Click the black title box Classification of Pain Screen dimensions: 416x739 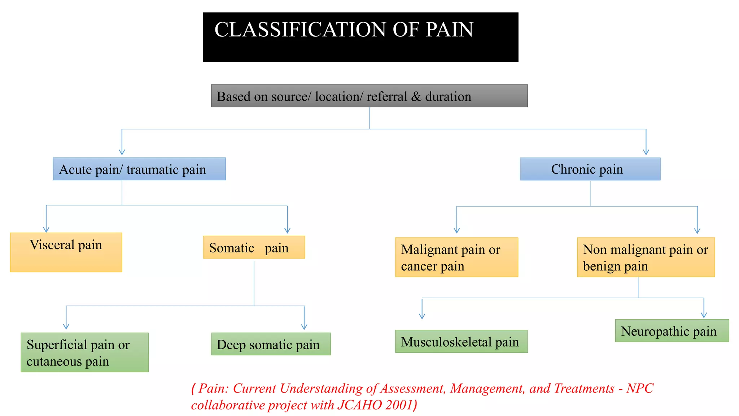point(360,37)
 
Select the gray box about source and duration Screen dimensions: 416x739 point(369,96)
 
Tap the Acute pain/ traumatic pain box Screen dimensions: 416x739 point(139,169)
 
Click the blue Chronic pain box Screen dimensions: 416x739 point(590,169)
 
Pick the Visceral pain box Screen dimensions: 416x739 point(66,252)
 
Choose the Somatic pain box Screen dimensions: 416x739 point(254,247)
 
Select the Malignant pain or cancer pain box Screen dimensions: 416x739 point(456,257)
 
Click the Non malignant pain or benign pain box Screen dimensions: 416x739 point(646,257)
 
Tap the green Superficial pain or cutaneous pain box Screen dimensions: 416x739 point(84,352)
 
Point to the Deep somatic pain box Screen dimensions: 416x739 point(271,344)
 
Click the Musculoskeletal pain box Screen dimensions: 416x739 point(461,341)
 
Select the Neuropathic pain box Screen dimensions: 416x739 point(672,331)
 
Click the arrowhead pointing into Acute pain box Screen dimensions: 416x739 point(122,152)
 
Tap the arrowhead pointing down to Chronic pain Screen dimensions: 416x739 point(646,152)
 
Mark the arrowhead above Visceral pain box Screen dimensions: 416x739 point(46,229)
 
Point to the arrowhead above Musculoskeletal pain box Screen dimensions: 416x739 point(422,316)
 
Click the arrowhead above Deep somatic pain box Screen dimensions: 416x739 point(304,326)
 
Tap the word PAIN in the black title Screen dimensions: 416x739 point(449,30)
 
